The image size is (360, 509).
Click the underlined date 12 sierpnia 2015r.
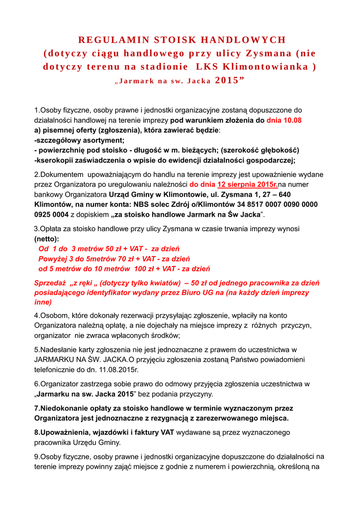(248, 184)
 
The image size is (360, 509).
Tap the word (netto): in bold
(46, 239)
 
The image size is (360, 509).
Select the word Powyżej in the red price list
(52, 259)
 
